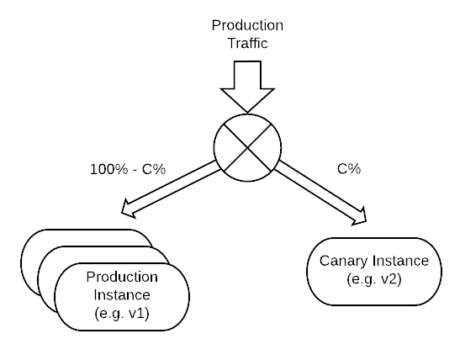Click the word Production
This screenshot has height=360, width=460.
point(122,278)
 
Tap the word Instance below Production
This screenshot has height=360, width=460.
point(122,294)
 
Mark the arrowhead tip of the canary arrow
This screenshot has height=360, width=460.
point(366,220)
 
